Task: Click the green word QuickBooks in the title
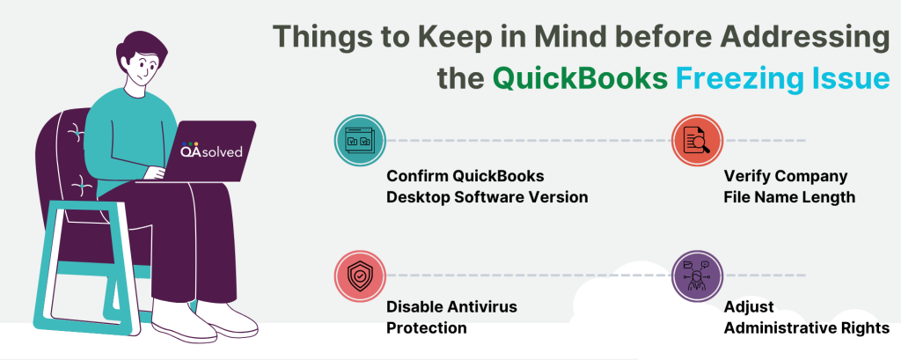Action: tap(580, 78)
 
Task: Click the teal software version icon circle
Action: tap(360, 140)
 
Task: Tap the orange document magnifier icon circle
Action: tap(697, 140)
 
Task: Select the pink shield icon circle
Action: tap(360, 276)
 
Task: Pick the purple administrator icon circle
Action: tap(697, 276)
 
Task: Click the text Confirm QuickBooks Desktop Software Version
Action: tap(487, 187)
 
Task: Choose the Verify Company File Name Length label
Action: tap(789, 187)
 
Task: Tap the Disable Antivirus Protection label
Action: tap(451, 317)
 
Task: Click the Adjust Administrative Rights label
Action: tap(807, 317)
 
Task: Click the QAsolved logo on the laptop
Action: tap(211, 151)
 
